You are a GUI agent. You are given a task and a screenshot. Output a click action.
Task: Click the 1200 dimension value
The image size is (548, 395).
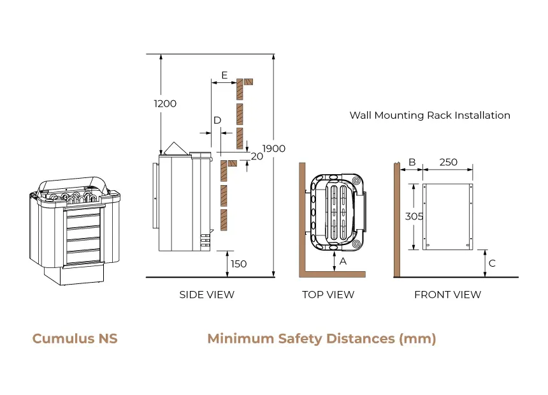[x=165, y=103]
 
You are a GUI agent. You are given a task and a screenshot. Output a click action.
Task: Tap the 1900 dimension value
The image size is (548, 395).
[x=274, y=149]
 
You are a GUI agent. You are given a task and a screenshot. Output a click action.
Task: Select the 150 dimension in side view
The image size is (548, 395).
[x=238, y=264]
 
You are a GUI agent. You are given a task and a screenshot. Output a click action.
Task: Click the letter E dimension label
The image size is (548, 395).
[x=224, y=75]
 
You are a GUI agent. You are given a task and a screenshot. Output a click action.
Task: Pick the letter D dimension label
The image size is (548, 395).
[x=217, y=120]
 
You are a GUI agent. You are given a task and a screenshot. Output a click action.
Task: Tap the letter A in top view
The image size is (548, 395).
[x=343, y=261]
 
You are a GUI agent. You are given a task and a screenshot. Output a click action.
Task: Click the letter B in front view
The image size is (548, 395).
[x=412, y=162]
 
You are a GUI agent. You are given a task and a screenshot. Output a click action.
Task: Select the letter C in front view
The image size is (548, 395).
[x=491, y=263]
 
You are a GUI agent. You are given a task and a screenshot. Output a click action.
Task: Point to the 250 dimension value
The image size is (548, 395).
[x=449, y=162]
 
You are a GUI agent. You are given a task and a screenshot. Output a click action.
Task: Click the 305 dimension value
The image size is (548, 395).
[x=414, y=216]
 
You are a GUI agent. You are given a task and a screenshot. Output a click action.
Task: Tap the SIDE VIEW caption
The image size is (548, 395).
[x=206, y=295]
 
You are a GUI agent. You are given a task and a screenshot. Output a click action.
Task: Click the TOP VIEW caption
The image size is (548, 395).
[x=328, y=295]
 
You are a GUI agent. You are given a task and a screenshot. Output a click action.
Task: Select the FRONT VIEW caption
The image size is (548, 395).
[x=447, y=295]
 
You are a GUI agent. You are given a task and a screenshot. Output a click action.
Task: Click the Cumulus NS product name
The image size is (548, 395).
[x=75, y=338]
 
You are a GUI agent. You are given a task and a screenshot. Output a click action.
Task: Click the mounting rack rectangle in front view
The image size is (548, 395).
[x=449, y=217]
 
